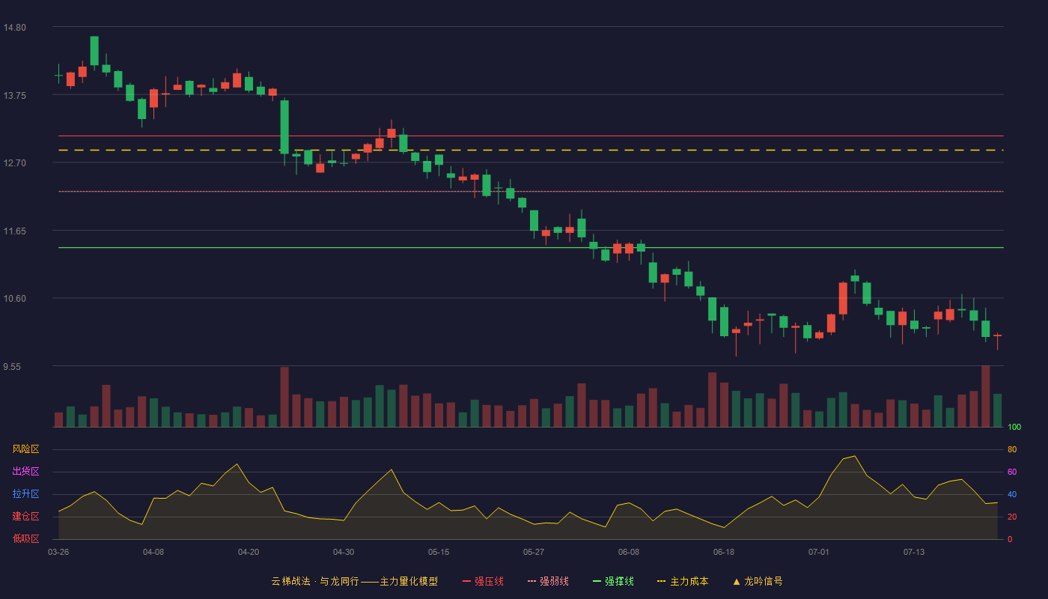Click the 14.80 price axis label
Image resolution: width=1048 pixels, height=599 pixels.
point(14,28)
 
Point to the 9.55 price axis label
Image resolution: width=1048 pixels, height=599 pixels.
point(12,367)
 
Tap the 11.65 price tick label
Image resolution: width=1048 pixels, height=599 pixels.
point(14,231)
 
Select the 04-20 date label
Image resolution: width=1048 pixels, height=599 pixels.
point(249,553)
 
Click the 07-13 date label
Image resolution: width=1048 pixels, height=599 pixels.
point(914,553)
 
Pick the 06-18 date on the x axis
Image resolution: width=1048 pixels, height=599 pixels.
point(724,553)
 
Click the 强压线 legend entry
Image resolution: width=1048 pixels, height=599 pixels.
point(483,581)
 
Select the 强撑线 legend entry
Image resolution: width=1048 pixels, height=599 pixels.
point(613,581)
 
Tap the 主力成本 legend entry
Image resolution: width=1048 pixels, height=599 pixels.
point(683,581)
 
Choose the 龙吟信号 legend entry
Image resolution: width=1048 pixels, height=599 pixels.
point(758,581)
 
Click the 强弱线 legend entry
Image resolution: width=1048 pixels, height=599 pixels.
point(548,581)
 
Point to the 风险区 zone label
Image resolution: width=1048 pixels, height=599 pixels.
point(25,449)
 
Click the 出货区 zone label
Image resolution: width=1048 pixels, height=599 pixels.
point(25,471)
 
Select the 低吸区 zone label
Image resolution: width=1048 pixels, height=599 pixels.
point(25,538)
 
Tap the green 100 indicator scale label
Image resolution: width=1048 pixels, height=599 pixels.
point(1014,427)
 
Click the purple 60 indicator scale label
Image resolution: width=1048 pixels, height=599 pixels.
point(1012,472)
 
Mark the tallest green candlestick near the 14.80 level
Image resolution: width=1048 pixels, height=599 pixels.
point(94,51)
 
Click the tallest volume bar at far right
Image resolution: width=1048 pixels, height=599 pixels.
point(985,396)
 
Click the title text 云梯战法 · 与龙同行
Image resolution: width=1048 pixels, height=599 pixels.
point(315,581)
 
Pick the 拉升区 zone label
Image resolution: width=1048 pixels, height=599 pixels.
point(25,493)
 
